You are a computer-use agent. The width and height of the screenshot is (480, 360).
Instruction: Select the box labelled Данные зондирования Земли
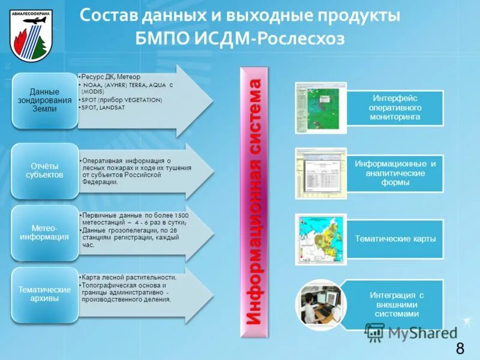(x=44, y=101)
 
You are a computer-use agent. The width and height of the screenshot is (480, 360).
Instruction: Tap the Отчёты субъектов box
(x=44, y=170)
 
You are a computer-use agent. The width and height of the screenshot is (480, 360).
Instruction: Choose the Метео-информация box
(x=44, y=232)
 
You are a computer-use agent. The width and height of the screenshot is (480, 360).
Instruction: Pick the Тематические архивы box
(x=44, y=294)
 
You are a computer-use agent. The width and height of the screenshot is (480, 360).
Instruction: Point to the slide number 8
(x=460, y=349)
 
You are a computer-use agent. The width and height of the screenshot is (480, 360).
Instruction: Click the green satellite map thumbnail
(x=321, y=107)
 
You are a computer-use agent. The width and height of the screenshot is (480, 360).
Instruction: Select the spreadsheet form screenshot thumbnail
(x=321, y=173)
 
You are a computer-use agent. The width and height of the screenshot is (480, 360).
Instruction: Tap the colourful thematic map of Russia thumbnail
(x=321, y=238)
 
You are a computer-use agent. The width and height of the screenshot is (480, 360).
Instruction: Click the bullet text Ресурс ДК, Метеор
(x=112, y=77)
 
